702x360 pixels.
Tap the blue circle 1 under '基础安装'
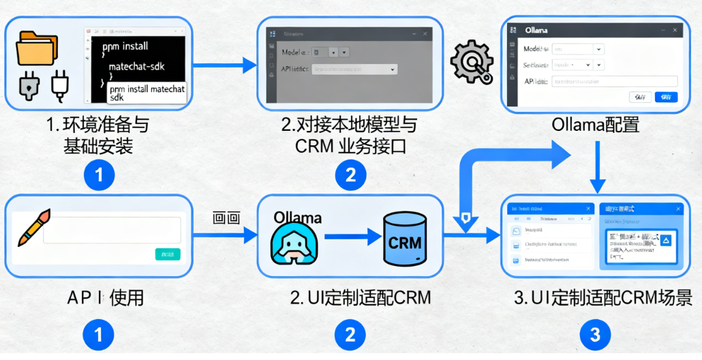(99, 175)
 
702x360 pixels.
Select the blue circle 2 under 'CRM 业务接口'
(350, 175)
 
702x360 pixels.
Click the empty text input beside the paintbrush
(112, 230)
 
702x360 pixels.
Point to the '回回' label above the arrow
(226, 218)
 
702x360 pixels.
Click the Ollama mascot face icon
(291, 243)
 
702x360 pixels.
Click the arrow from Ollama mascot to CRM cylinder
(352, 237)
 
